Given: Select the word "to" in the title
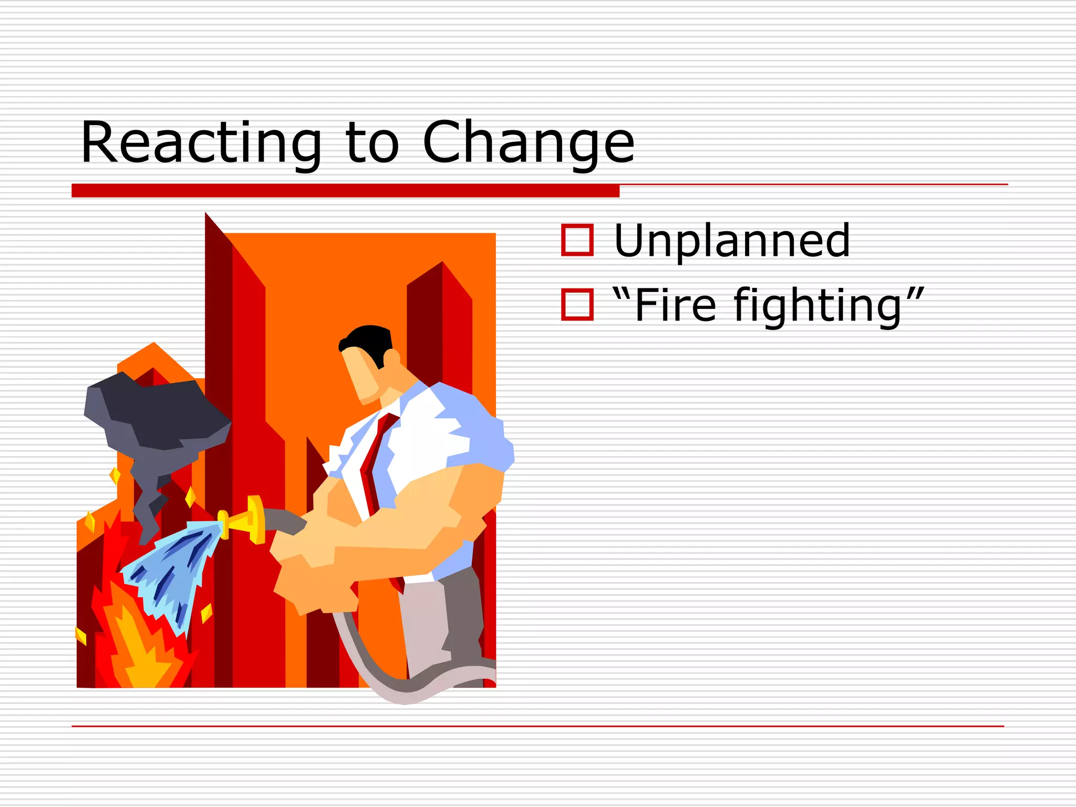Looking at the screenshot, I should tap(372, 143).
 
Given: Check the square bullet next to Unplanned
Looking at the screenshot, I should tap(577, 240).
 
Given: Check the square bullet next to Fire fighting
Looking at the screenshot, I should tap(577, 304).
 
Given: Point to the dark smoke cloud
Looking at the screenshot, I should tap(158, 415).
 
